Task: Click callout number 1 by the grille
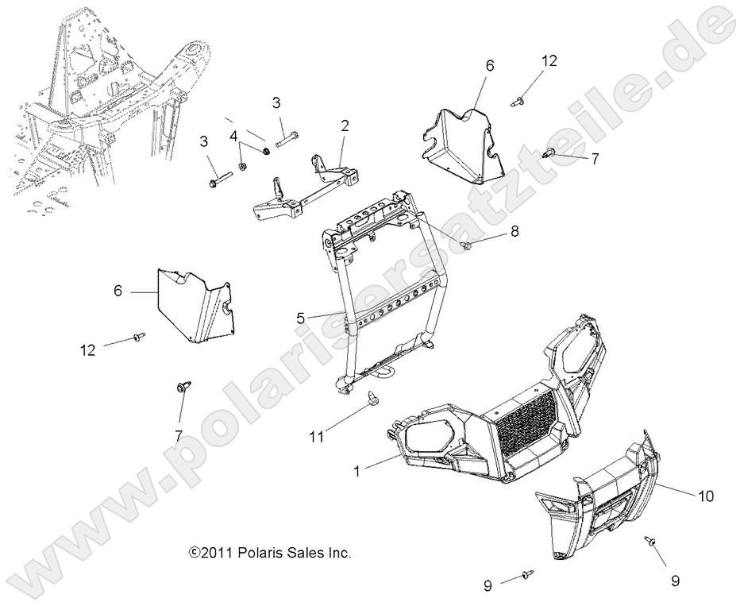[x=357, y=471]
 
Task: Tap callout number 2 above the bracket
[x=345, y=125]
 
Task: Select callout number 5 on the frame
[x=300, y=318]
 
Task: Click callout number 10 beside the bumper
[x=704, y=496]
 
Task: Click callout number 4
[x=233, y=136]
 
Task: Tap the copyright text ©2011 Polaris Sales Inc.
[x=269, y=552]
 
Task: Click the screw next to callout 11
[x=372, y=398]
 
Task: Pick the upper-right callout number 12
[x=550, y=60]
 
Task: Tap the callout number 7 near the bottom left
[x=178, y=435]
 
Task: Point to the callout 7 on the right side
[x=594, y=159]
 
